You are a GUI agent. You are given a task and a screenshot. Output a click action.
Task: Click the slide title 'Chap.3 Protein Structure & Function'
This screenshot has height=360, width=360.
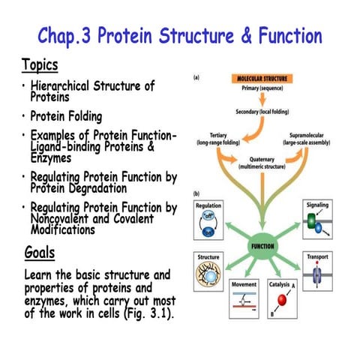[180, 35]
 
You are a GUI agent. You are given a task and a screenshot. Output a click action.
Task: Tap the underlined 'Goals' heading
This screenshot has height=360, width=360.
[40, 252]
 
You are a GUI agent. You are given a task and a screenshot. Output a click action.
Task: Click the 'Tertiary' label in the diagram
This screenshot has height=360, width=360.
[216, 136]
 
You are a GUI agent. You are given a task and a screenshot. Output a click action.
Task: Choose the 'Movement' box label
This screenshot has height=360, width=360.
[244, 285]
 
